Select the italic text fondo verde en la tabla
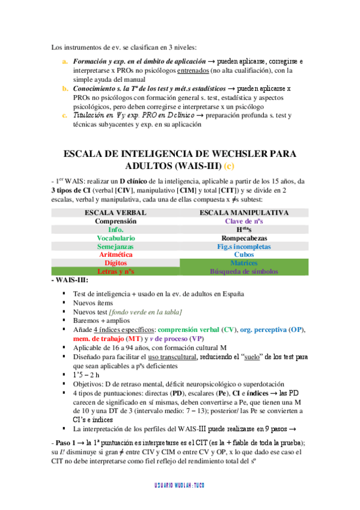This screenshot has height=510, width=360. click(145, 311)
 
